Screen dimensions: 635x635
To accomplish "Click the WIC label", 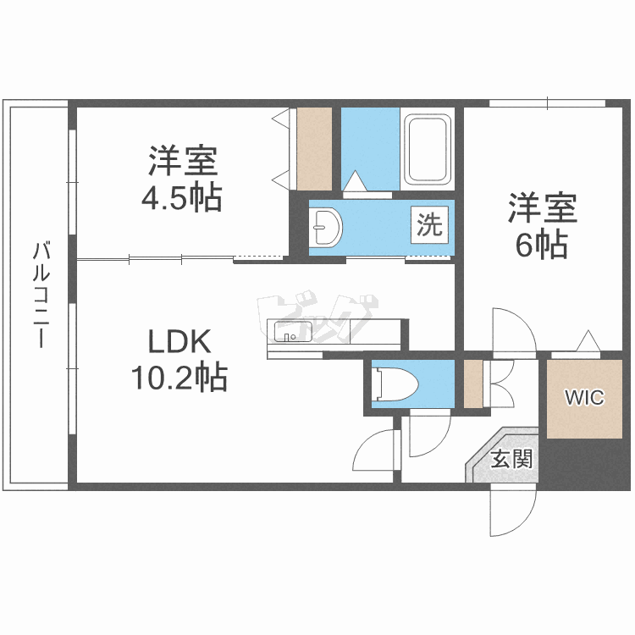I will (x=584, y=397).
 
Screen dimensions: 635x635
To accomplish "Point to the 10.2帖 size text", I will (x=179, y=378).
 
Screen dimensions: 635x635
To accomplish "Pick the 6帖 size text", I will (x=542, y=245).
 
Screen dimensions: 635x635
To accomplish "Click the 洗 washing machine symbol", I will (x=430, y=225).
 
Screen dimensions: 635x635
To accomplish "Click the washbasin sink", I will (x=326, y=226).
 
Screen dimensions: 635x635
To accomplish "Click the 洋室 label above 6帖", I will (x=542, y=208).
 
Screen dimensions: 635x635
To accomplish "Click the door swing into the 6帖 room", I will (x=513, y=330).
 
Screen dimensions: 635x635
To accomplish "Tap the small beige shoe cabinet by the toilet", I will (x=472, y=384).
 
